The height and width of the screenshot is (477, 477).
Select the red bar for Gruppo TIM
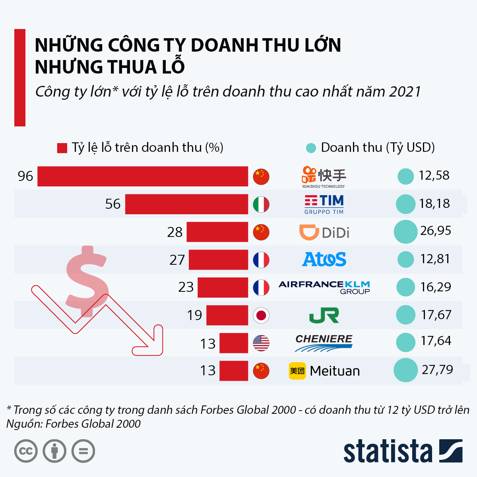click(186, 204)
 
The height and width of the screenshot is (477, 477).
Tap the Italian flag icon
click(261, 204)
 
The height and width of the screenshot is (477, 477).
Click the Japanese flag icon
click(261, 316)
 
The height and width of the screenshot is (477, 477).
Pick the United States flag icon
click(261, 343)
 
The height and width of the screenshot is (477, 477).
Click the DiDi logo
click(324, 232)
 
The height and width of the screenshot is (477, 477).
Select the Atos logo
click(324, 260)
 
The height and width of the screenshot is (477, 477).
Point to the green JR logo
click(324, 316)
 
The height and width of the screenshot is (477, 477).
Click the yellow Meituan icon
click(297, 371)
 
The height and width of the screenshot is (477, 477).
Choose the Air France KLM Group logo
click(324, 287)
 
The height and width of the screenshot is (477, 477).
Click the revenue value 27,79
click(437, 370)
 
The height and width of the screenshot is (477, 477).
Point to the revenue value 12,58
click(434, 175)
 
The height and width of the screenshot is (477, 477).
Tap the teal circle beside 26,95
click(405, 232)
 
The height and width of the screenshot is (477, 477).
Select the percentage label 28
click(175, 232)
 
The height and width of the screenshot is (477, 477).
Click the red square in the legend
click(62, 148)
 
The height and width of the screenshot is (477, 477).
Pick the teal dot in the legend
click(311, 148)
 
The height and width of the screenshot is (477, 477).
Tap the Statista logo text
click(388, 452)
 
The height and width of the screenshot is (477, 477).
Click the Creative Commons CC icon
click(26, 451)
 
